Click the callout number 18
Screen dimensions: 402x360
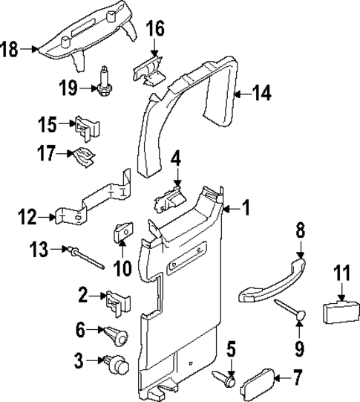[x=10, y=49]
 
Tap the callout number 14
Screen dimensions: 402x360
[x=261, y=94]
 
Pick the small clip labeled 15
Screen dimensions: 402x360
[x=88, y=128]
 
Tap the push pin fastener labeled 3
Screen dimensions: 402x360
[x=118, y=366]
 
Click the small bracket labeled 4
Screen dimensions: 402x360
[x=171, y=199]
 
